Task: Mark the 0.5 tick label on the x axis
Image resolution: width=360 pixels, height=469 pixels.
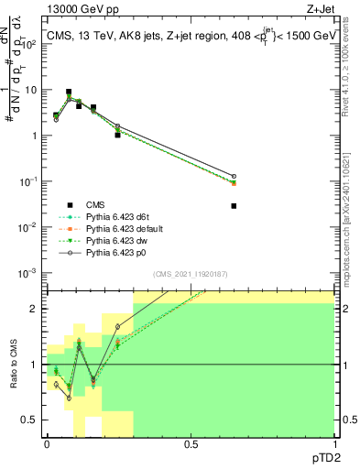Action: click(191, 442)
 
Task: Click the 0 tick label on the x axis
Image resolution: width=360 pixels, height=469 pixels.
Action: click(47, 442)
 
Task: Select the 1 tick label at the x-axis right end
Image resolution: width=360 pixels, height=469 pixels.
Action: click(333, 442)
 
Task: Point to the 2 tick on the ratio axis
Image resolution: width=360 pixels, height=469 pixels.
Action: click(37, 309)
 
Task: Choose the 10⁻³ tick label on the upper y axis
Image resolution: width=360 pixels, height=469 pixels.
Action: click(28, 272)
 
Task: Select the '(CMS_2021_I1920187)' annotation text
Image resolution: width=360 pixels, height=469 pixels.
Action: click(191, 273)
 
